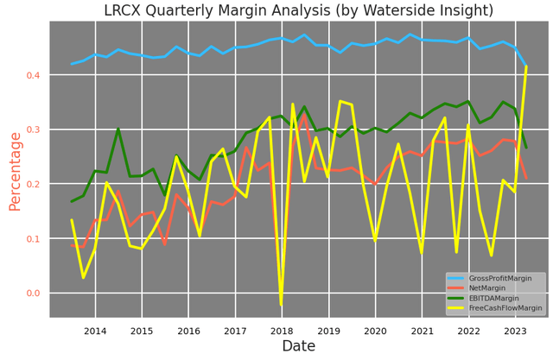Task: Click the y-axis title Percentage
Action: (x=15, y=171)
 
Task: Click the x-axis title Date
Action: (x=298, y=346)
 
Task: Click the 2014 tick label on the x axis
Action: (x=95, y=331)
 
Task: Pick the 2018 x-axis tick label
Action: (x=282, y=331)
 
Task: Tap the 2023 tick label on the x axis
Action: (x=515, y=331)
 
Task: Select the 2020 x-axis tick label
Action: (x=375, y=331)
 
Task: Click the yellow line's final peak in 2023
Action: (x=526, y=66)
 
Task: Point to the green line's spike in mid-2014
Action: (x=118, y=129)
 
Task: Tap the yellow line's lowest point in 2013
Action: (x=84, y=277)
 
